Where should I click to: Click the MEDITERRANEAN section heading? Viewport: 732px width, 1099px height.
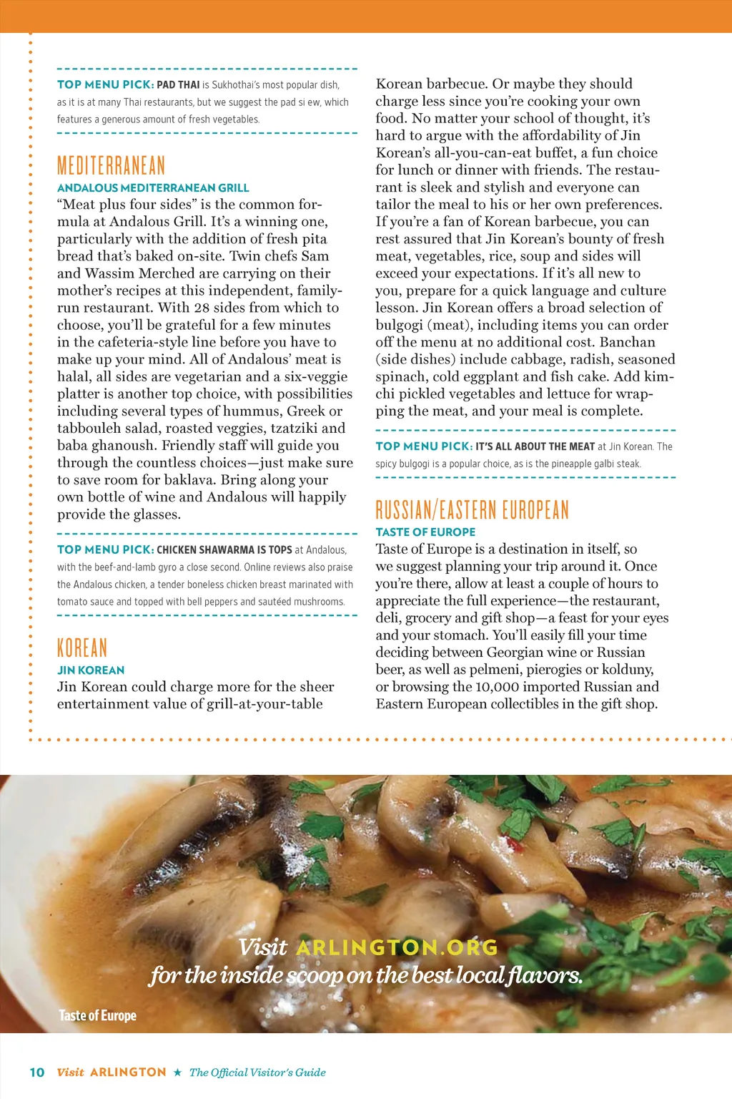(x=111, y=166)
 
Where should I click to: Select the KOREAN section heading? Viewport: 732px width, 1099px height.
(x=82, y=648)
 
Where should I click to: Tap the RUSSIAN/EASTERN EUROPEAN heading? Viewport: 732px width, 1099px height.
(x=472, y=510)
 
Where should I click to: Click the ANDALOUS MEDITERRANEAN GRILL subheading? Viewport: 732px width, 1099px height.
(x=153, y=188)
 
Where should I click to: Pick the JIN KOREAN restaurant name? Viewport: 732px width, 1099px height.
(x=91, y=670)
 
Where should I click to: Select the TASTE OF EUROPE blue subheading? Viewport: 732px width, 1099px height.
(x=425, y=532)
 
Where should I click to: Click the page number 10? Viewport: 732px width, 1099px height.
(x=37, y=1073)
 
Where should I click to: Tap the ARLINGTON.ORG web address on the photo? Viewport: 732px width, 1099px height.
(x=397, y=948)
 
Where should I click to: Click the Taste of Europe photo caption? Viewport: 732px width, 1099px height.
(x=97, y=1016)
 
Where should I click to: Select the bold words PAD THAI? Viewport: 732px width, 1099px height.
(x=178, y=84)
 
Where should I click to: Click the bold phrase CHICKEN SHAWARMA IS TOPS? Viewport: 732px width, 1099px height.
(x=224, y=550)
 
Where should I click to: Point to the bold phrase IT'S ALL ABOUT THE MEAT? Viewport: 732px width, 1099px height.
(x=535, y=446)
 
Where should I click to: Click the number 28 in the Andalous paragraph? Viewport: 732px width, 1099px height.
(x=202, y=308)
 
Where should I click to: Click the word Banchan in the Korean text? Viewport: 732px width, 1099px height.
(x=627, y=342)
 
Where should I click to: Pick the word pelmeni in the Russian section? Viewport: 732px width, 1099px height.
(x=547, y=670)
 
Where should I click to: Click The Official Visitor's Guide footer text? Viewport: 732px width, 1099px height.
(x=257, y=1073)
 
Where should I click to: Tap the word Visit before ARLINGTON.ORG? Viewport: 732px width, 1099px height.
(x=263, y=948)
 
